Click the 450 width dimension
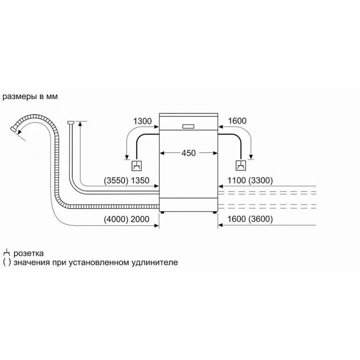point(188,153)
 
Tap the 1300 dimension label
point(142,121)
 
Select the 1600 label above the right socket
point(237,121)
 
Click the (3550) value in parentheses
point(116,180)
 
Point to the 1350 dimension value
point(140,180)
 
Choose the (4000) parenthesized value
point(116,219)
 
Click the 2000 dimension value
point(140,219)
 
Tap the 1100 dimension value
point(236,180)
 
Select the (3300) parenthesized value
point(260,180)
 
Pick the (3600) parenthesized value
point(260,219)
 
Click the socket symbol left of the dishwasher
point(136,166)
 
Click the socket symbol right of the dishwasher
point(241,166)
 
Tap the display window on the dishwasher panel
point(188,126)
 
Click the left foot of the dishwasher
point(162,212)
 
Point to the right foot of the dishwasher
point(214,212)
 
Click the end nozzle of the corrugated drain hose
point(13,129)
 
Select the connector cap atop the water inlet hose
point(70,122)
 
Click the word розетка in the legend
point(28,253)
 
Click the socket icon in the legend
point(6,253)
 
